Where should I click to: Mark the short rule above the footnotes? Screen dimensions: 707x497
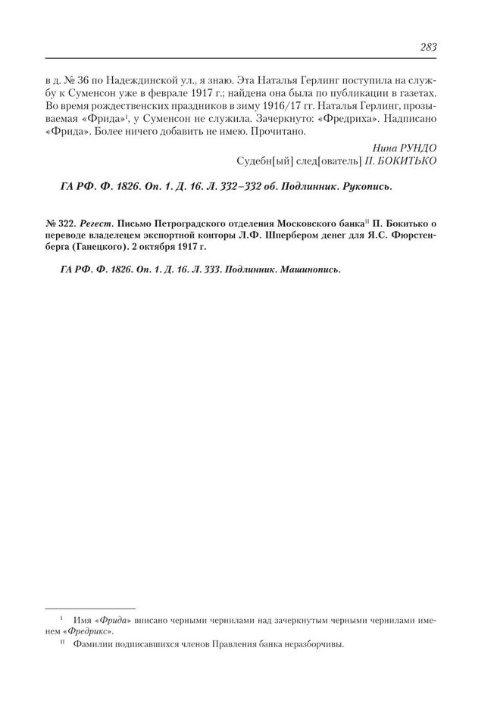click(91, 608)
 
